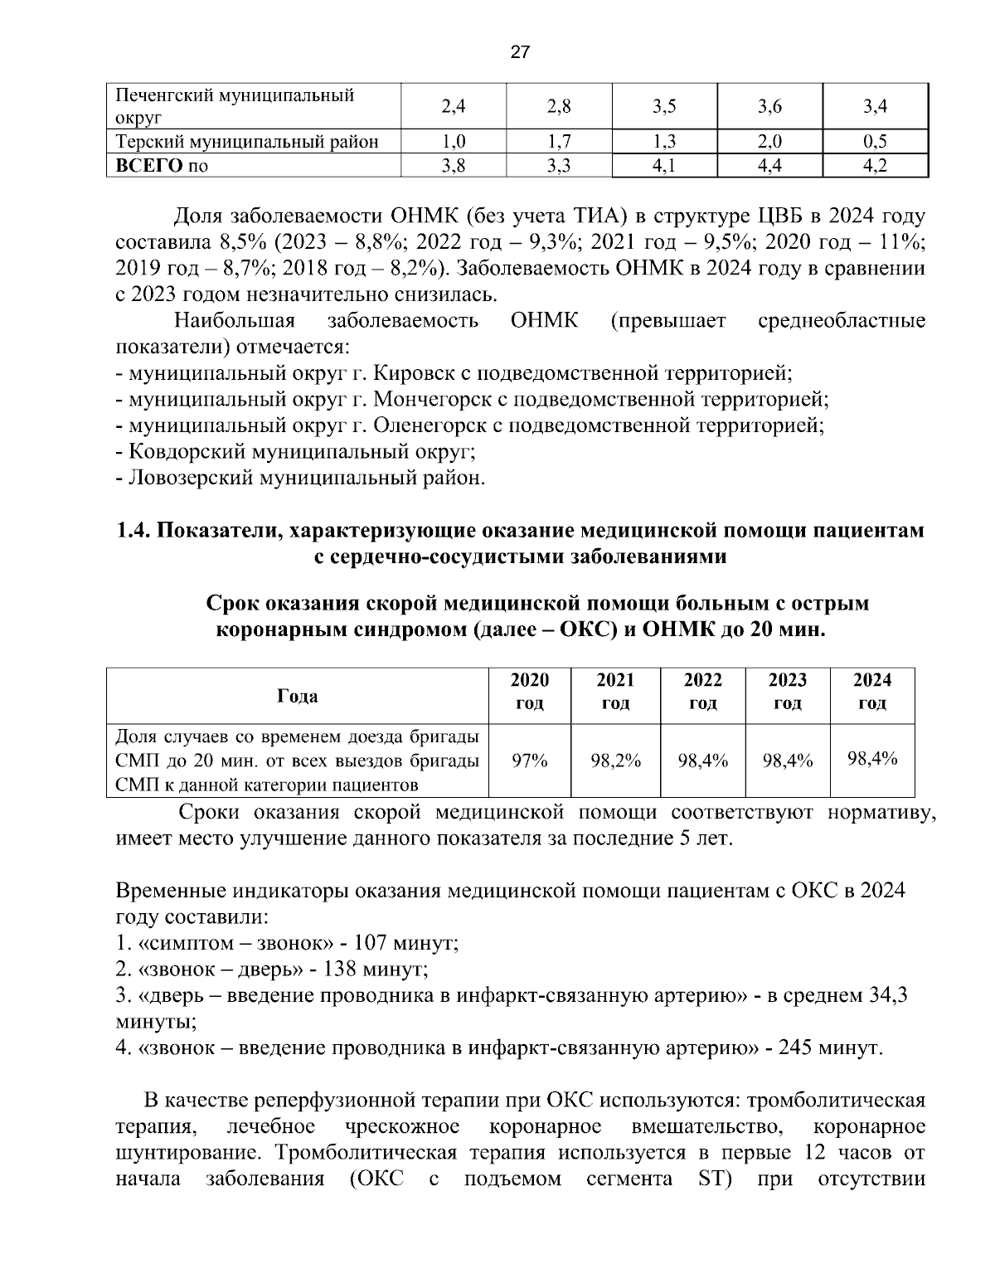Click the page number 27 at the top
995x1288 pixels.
tap(520, 52)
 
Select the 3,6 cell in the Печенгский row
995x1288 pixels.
tap(769, 105)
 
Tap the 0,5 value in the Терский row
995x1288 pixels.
tap(875, 141)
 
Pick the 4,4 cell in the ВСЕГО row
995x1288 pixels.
tap(769, 166)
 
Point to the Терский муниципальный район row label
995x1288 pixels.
tap(246, 141)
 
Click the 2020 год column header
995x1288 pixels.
tap(529, 691)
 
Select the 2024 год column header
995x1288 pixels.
tap(872, 691)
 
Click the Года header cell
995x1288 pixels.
tap(297, 696)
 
